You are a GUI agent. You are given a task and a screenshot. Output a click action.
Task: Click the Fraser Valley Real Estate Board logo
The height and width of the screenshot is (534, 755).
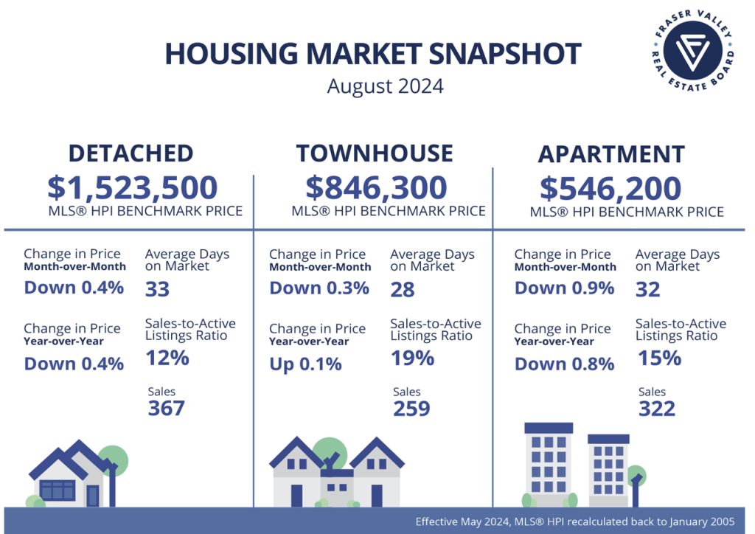click(x=692, y=50)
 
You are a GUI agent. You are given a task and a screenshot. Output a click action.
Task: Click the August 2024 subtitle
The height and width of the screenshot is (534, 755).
click(x=385, y=87)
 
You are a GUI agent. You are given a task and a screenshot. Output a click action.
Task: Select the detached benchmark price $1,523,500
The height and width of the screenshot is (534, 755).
click(x=133, y=187)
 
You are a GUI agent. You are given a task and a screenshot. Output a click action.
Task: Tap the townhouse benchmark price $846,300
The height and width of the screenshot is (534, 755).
click(x=376, y=187)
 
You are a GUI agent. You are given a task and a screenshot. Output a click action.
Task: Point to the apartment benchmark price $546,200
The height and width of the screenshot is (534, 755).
click(x=610, y=188)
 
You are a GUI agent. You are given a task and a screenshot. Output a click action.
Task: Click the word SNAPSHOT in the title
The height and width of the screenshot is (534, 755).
click(x=504, y=53)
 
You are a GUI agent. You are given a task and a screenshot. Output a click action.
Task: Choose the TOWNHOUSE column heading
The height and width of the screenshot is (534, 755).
click(x=375, y=153)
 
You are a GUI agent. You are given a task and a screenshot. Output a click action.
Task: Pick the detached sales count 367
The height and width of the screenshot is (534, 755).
click(x=166, y=409)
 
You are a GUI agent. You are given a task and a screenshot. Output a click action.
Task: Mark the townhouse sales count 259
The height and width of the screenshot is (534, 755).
click(x=411, y=409)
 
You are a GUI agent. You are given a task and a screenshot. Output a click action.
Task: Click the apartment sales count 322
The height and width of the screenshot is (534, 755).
click(x=657, y=409)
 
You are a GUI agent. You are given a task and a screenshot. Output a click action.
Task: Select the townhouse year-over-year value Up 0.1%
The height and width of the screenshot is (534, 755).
click(x=305, y=364)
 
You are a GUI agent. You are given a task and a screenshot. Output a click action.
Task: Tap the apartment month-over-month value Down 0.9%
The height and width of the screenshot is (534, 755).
click(x=564, y=288)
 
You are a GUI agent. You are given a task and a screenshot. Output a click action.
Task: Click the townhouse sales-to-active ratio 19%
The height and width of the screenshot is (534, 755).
click(x=412, y=358)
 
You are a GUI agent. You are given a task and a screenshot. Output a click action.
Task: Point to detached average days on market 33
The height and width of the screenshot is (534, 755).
click(x=158, y=289)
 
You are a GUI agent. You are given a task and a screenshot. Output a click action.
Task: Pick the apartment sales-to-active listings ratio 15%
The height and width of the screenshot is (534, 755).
click(x=659, y=358)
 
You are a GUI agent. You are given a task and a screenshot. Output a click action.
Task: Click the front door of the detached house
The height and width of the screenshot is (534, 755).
click(x=93, y=496)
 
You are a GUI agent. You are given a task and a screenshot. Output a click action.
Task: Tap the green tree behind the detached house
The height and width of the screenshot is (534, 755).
click(x=114, y=460)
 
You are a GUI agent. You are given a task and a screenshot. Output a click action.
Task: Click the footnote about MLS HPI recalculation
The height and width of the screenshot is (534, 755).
click(x=575, y=521)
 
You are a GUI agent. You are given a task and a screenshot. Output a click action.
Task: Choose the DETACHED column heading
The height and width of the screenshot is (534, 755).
click(x=131, y=153)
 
